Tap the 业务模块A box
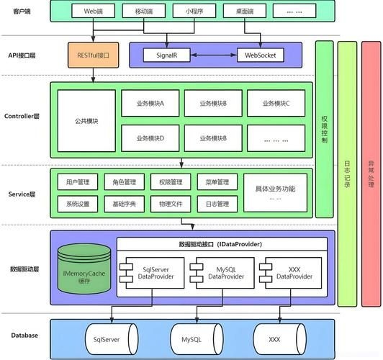[151, 104]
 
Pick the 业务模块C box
[277, 104]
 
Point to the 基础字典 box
[125, 204]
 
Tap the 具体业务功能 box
[274, 192]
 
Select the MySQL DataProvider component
[217, 272]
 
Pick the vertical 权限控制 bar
[325, 130]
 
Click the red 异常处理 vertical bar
[371, 173]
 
